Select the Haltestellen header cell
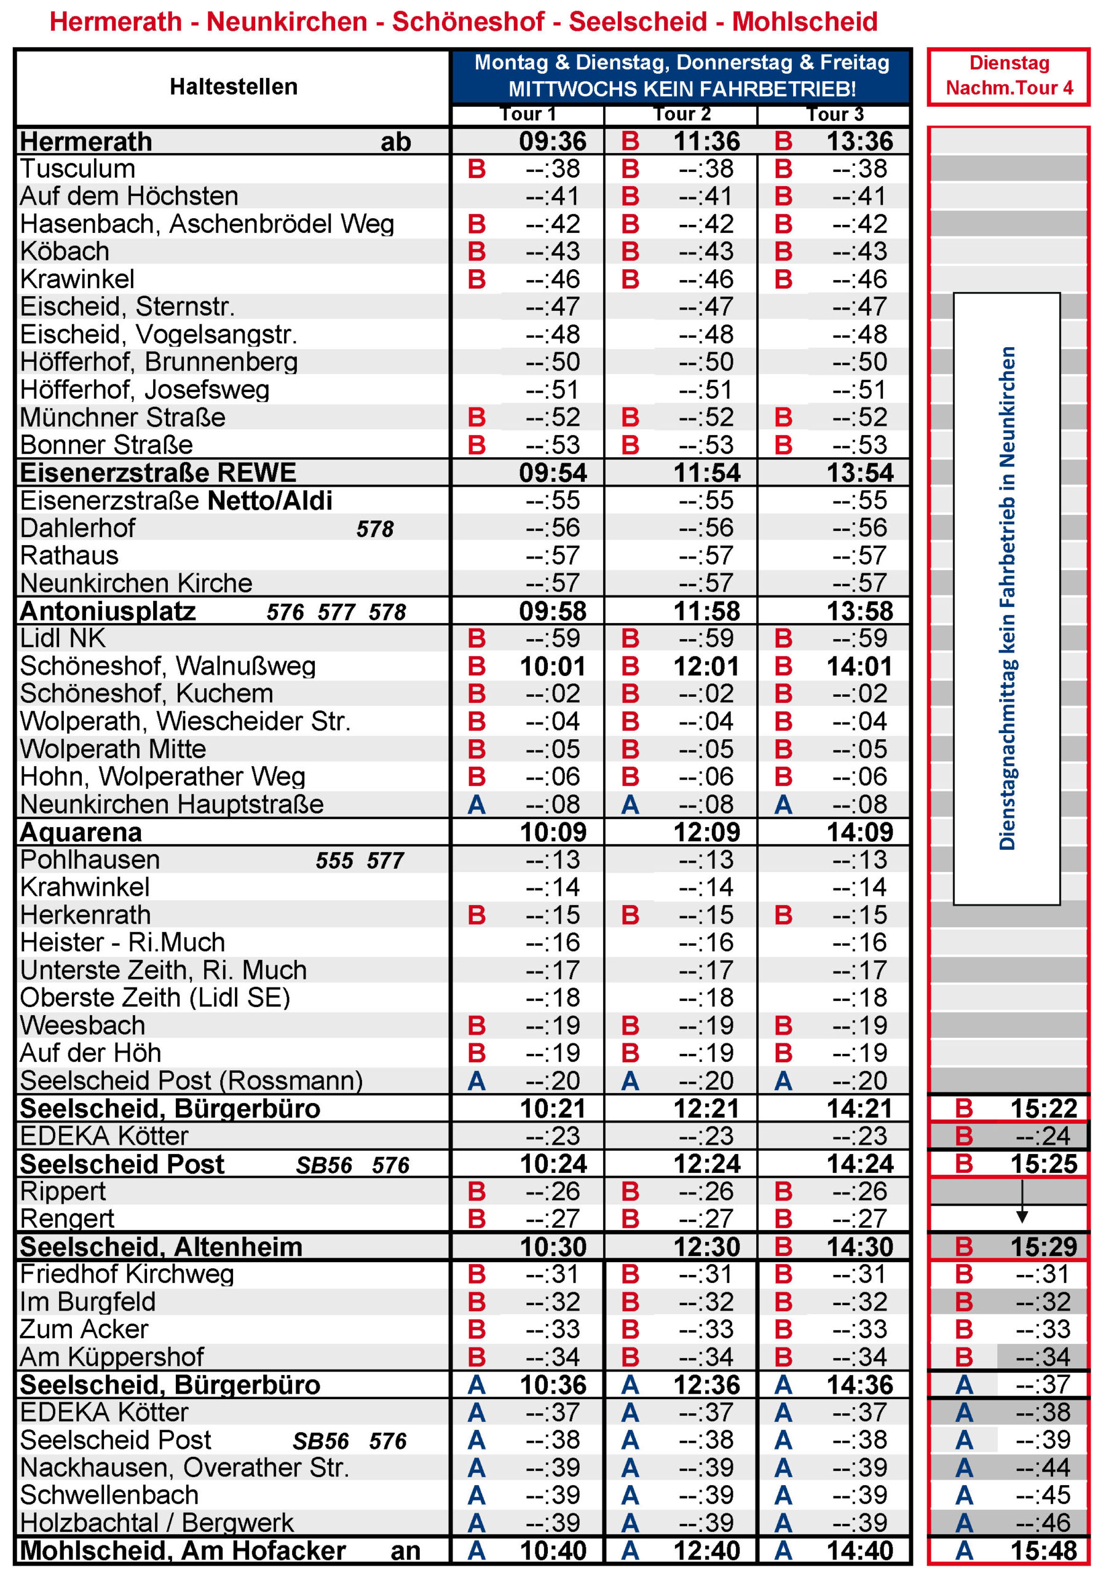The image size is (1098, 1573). click(233, 87)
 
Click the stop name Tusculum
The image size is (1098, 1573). click(77, 169)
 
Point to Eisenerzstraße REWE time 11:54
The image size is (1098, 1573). click(706, 473)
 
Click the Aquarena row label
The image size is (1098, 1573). click(81, 833)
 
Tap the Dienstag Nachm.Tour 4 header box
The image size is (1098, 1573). click(1008, 76)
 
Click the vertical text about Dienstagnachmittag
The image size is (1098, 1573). click(1006, 598)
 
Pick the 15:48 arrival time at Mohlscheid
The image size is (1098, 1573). click(1043, 1550)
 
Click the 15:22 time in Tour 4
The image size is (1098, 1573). click(1043, 1108)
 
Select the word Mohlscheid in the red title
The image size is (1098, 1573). click(804, 22)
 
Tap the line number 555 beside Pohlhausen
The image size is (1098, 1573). click(334, 860)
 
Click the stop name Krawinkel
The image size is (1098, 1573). click(77, 280)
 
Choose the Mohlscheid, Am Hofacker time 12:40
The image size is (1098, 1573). click(706, 1550)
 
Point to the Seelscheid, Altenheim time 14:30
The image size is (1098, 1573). click(859, 1246)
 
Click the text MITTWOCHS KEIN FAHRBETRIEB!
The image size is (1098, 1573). click(681, 89)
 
